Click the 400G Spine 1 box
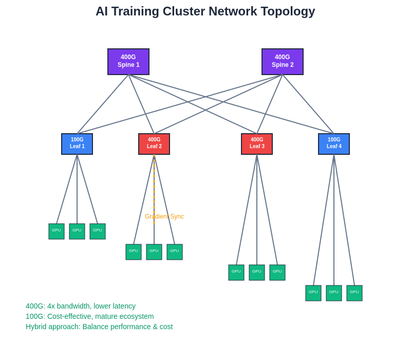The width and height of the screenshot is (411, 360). pos(128,62)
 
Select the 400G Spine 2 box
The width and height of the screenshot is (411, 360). pos(283,62)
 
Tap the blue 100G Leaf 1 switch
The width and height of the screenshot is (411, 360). pos(77,144)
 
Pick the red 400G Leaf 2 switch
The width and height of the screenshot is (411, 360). pos(154,144)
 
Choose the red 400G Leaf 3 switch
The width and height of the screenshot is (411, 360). pos(257,144)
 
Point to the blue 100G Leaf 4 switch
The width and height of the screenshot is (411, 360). pos(334,144)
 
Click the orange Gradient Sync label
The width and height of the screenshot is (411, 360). pos(164,217)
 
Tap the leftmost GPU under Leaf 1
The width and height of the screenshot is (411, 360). pos(57,231)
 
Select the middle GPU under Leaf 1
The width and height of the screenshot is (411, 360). pos(77,231)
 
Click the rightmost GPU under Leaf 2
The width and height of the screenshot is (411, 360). pos(175,252)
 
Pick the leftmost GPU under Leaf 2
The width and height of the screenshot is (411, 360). pos(134,252)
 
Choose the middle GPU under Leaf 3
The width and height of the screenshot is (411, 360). pos(257,273)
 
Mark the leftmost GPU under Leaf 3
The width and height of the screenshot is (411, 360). pos(236,273)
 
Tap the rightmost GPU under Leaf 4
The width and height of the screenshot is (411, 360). pos(354,293)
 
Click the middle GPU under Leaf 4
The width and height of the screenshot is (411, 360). pos(334,293)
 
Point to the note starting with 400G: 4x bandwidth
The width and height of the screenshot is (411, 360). pos(81,306)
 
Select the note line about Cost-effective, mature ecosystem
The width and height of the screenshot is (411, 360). pos(90,316)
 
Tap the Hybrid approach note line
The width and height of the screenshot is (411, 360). pos(99,327)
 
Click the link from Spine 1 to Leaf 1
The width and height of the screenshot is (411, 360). pos(103,104)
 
